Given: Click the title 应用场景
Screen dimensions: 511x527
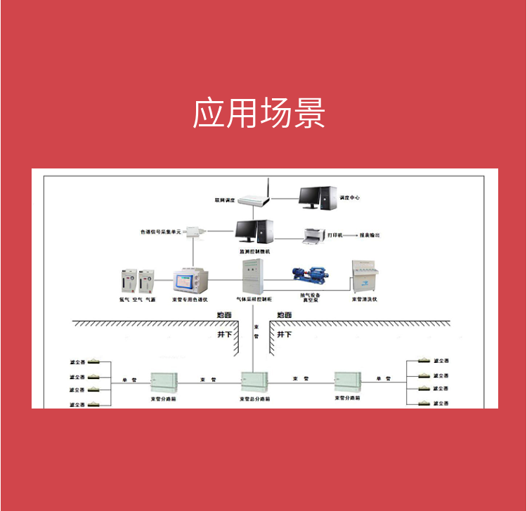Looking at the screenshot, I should [259, 113].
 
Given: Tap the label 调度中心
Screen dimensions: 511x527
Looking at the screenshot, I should [349, 198].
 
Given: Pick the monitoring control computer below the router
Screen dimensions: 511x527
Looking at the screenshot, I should [254, 232].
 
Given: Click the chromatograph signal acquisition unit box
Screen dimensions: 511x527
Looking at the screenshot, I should [193, 233].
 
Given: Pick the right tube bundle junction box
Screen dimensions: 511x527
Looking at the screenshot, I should [349, 383].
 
